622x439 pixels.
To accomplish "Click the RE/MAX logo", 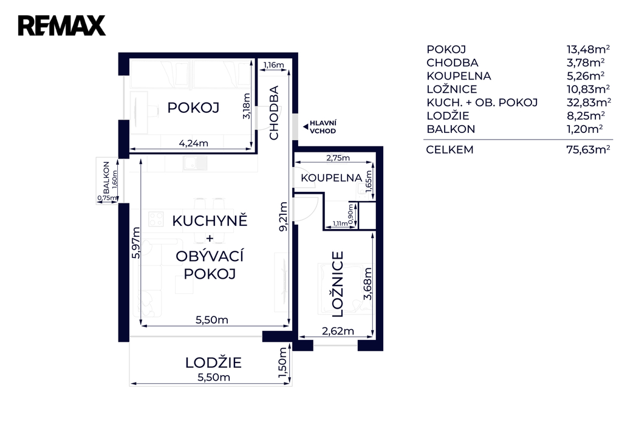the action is [x=61, y=26].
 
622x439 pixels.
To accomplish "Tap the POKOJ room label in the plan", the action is [x=193, y=107].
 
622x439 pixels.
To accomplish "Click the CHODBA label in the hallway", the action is [x=274, y=113].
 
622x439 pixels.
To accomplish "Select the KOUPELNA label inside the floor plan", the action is [x=331, y=178].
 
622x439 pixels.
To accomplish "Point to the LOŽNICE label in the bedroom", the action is [x=337, y=284].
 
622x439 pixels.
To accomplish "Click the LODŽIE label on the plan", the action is [x=213, y=362].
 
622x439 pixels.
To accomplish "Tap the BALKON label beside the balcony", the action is [x=106, y=177].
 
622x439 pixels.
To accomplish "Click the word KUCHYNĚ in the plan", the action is [x=210, y=220].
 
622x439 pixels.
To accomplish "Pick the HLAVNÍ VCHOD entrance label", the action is [x=323, y=127].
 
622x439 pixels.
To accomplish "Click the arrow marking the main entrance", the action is [x=306, y=127].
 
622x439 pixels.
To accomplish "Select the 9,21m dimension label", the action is [x=283, y=217].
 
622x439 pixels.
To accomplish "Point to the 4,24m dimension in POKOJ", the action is [x=194, y=143].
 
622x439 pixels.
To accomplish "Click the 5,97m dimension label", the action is [x=135, y=243].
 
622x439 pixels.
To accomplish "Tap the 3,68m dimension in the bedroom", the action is [x=367, y=284].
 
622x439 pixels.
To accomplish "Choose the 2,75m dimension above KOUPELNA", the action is [x=338, y=158].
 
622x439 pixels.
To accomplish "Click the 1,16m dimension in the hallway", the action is [x=274, y=64].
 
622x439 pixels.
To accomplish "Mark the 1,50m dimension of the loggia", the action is [x=283, y=362].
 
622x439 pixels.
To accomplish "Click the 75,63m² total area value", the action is [x=588, y=149].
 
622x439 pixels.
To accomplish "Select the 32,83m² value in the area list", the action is [x=589, y=103].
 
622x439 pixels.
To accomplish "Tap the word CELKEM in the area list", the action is [x=450, y=150].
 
